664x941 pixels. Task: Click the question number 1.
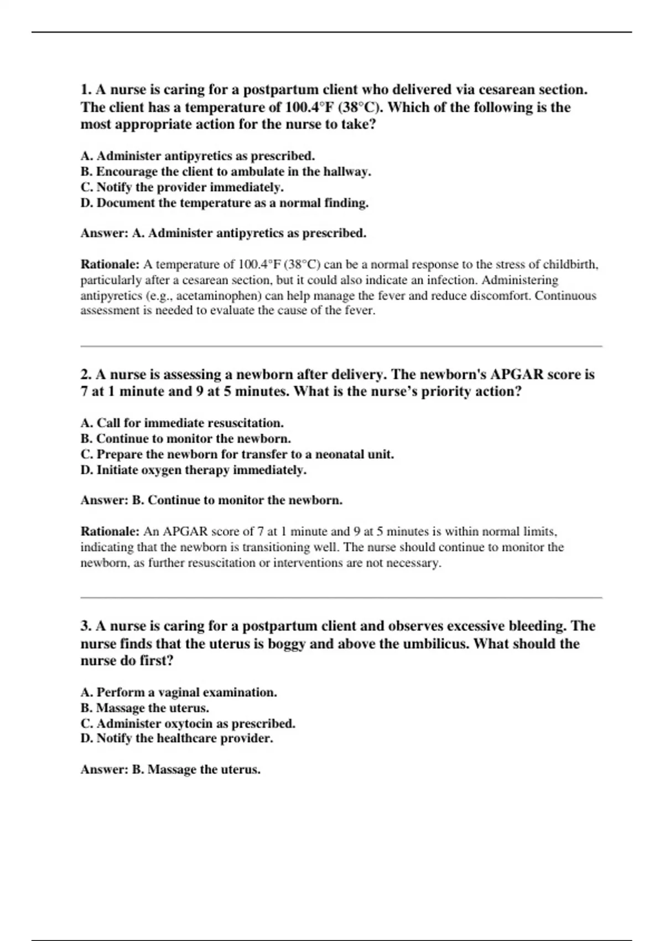pyautogui.click(x=86, y=90)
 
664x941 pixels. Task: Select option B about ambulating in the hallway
pyautogui.click(x=226, y=172)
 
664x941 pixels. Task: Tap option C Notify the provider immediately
pyautogui.click(x=182, y=187)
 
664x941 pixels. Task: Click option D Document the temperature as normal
pyautogui.click(x=224, y=203)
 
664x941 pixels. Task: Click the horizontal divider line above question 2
pyautogui.click(x=341, y=347)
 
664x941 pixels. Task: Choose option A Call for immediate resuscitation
pyautogui.click(x=182, y=423)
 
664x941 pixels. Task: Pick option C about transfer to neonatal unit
pyautogui.click(x=237, y=454)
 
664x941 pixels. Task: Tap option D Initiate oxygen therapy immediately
pyautogui.click(x=193, y=470)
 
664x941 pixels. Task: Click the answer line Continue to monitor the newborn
pyautogui.click(x=211, y=500)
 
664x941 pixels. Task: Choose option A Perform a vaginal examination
pyautogui.click(x=179, y=692)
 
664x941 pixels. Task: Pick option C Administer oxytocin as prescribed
pyautogui.click(x=188, y=723)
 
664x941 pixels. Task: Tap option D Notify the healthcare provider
pyautogui.click(x=177, y=738)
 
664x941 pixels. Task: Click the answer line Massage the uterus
pyautogui.click(x=170, y=769)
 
